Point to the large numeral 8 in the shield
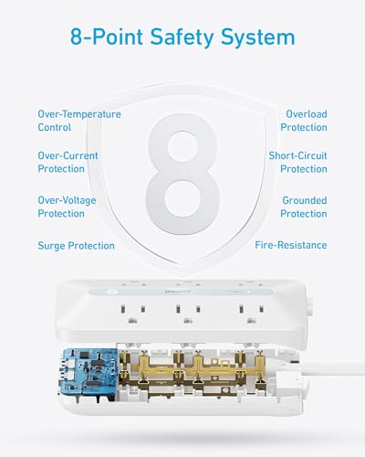tap(182, 170)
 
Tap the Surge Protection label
tap(76, 246)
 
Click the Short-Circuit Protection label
tap(297, 163)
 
